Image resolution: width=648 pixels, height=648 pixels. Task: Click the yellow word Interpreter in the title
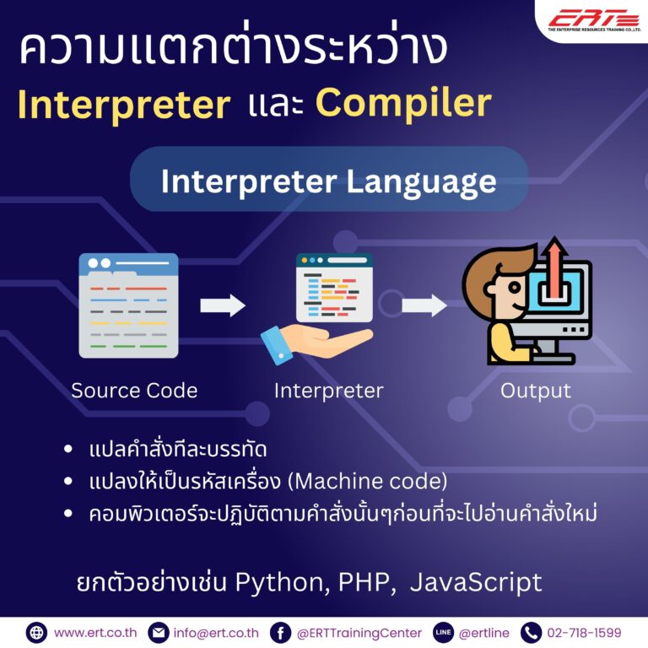pyautogui.click(x=124, y=105)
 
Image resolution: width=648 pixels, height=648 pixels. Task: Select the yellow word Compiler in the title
pyautogui.click(x=403, y=103)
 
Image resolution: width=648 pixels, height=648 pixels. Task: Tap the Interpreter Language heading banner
pyautogui.click(x=328, y=181)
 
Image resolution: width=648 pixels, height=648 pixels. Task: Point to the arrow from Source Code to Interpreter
pyautogui.click(x=223, y=305)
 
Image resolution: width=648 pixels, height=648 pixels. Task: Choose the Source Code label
pyautogui.click(x=134, y=391)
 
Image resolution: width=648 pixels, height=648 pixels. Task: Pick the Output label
pyautogui.click(x=535, y=391)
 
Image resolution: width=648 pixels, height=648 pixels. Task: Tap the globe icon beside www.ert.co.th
pyautogui.click(x=36, y=632)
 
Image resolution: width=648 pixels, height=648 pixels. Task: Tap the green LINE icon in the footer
pyautogui.click(x=443, y=632)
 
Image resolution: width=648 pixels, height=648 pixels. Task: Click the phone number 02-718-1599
pyautogui.click(x=584, y=632)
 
